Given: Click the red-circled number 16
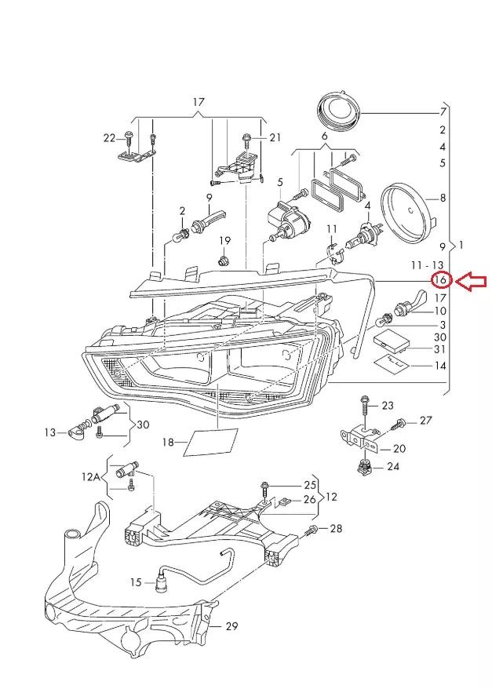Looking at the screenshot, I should (442, 280).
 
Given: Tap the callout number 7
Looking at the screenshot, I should (443, 113).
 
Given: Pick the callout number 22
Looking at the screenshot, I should (109, 138).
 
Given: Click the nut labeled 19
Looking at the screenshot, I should (224, 258).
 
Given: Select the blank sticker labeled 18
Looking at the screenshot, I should (211, 443).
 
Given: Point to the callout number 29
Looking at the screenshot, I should (231, 625).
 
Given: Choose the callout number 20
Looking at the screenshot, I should (399, 449).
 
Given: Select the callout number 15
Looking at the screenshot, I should (136, 581).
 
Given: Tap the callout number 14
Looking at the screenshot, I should (440, 366).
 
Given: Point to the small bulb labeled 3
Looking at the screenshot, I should (386, 319).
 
